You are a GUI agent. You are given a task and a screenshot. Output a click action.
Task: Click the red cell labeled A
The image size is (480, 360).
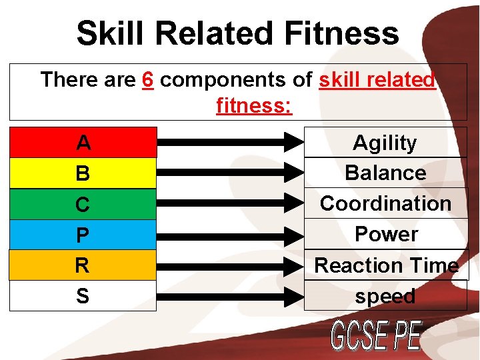tap(83, 142)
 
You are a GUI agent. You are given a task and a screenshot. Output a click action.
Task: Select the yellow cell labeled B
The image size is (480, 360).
tap(83, 173)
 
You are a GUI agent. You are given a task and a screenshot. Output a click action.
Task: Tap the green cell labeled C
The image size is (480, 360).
tap(83, 204)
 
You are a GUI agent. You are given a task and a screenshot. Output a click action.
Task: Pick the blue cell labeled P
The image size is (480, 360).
tap(83, 235)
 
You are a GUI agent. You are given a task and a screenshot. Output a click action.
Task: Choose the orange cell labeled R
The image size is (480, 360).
tap(83, 265)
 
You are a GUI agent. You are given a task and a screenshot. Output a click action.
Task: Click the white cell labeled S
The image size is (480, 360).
tap(83, 296)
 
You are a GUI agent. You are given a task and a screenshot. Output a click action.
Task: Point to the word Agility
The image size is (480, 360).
tap(385, 143)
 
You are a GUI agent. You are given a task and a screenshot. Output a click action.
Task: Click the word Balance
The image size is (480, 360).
tap(385, 173)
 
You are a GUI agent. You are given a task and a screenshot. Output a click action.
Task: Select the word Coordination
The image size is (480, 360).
tap(385, 203)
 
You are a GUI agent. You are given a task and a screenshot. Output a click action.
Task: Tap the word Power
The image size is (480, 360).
tap(386, 234)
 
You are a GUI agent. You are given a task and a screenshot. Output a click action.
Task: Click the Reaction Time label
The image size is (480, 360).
tap(386, 265)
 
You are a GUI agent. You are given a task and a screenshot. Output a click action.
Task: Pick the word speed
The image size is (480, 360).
tap(385, 296)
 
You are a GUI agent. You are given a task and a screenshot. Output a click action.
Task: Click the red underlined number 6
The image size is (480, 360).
tap(149, 80)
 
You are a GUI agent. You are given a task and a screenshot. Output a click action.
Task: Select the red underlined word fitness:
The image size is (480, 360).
tap(254, 105)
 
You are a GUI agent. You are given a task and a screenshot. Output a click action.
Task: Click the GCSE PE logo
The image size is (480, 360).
tap(376, 336)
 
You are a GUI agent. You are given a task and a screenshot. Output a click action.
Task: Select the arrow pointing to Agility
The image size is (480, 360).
tap(230, 141)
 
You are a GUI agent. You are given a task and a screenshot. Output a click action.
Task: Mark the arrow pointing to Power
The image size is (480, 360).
tap(230, 235)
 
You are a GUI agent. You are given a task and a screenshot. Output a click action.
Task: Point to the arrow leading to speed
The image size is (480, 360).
tap(230, 296)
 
